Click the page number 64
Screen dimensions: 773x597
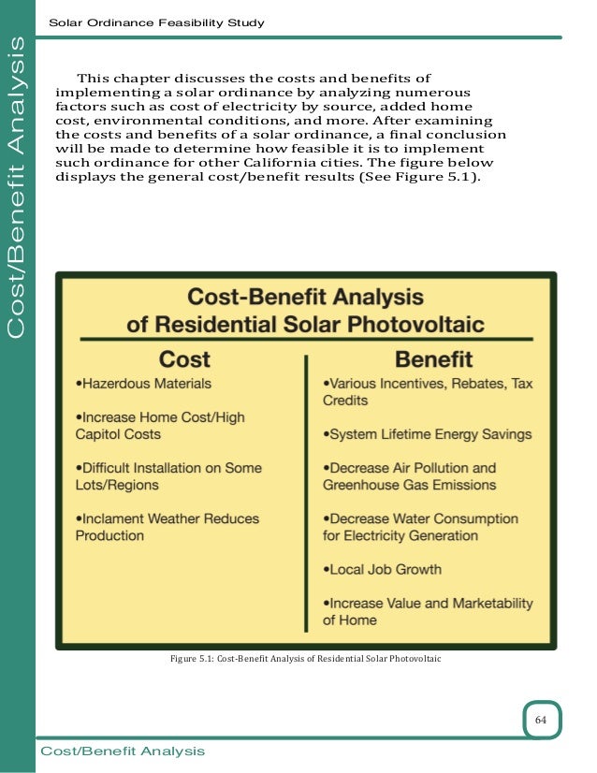tap(541, 719)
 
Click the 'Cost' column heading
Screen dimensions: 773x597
tap(184, 358)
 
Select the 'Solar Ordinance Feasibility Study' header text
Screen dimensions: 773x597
tap(156, 22)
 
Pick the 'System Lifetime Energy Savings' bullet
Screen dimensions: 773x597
tap(428, 434)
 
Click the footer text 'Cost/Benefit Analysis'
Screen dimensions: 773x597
tap(123, 751)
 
